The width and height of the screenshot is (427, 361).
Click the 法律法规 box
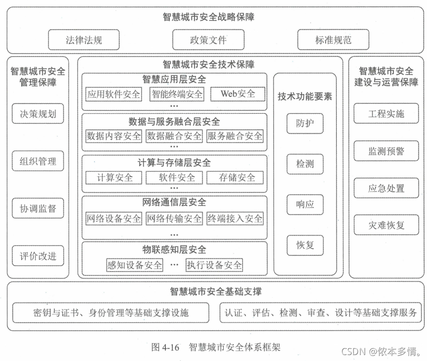coord(83,40)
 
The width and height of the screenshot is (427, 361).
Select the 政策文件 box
coord(208,40)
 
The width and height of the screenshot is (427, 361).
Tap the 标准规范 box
coord(333,40)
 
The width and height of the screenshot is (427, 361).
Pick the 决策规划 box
coord(38,114)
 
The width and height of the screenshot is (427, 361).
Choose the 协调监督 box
coord(38,209)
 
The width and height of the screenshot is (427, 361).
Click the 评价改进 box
coord(38,256)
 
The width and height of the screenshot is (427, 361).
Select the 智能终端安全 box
coord(177,93)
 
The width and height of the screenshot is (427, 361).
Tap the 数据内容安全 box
coord(114,135)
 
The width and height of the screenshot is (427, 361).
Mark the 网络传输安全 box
coord(174,218)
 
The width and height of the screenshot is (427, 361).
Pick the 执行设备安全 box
coord(214,265)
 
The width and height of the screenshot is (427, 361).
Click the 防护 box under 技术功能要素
coord(305,124)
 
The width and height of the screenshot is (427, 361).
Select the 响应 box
coord(305,204)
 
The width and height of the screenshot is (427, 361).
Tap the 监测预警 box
coord(386,151)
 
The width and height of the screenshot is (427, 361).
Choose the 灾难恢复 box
coord(386,225)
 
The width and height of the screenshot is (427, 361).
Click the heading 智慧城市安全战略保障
coord(208,17)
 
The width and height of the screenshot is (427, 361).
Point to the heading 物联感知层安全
coord(174,250)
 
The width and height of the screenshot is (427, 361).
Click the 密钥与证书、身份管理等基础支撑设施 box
coord(111,313)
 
